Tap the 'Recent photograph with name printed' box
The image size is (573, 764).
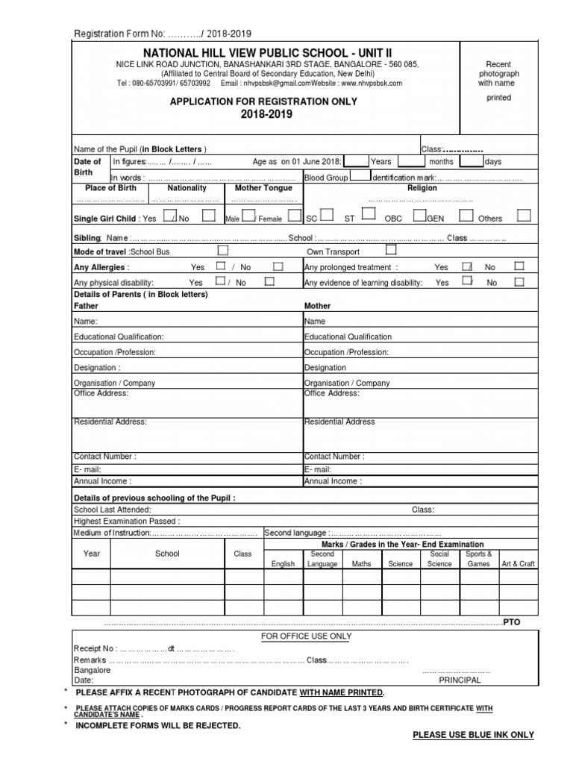[x=498, y=81]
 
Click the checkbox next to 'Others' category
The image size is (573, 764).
[x=524, y=216]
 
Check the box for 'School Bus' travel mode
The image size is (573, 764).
[x=222, y=251]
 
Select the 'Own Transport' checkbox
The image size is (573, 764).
[x=390, y=251]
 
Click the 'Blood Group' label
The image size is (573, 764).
[x=326, y=178]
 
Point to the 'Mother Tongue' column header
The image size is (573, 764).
[x=263, y=188]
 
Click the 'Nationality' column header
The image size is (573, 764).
[x=187, y=188]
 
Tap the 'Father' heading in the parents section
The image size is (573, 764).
[x=86, y=306]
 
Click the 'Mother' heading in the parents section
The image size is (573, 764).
[x=317, y=306]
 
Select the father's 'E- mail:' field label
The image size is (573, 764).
[x=87, y=469]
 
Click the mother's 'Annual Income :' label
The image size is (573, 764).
[x=333, y=481]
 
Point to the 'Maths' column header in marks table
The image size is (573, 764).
[x=361, y=564]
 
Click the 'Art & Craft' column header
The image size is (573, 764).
[x=518, y=564]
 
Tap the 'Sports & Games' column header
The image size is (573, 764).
[x=478, y=559]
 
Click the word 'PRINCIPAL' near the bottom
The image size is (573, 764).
[x=460, y=680]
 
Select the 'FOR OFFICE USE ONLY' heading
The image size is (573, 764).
[x=306, y=636]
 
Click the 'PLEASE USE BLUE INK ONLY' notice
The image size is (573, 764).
[x=473, y=735]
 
